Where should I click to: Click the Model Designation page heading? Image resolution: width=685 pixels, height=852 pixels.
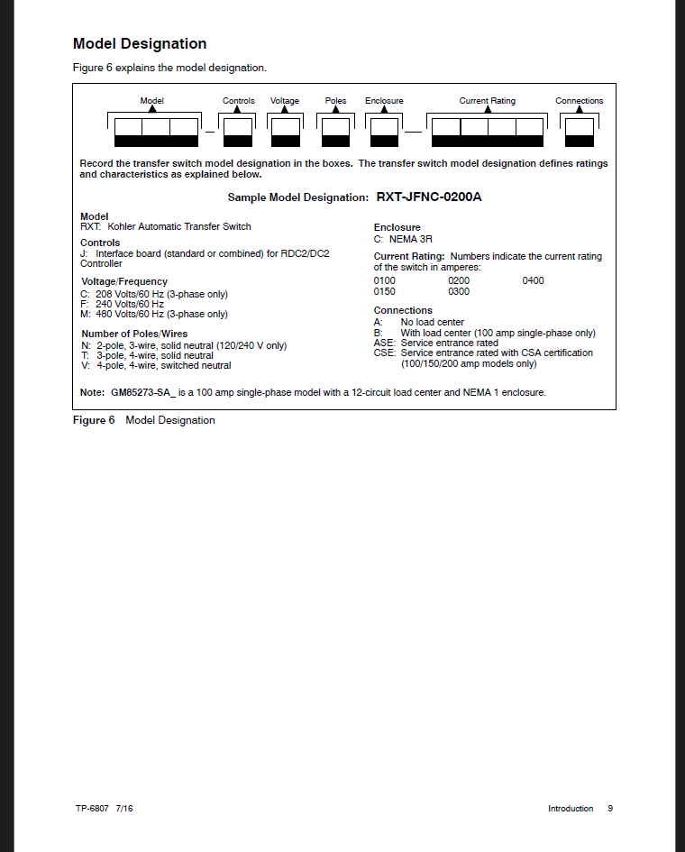(x=140, y=44)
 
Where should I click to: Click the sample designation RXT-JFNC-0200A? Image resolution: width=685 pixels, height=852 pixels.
(x=429, y=197)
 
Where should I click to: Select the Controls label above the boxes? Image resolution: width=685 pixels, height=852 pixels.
(x=239, y=101)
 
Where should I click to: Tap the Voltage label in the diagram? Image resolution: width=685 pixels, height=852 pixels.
(x=285, y=101)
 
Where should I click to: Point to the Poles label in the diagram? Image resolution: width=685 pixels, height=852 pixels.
(x=335, y=101)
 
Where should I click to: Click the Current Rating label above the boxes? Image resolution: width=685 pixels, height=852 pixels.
(x=487, y=101)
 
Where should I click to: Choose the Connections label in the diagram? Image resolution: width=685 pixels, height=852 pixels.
(x=579, y=101)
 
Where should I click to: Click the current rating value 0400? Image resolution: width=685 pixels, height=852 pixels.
(x=533, y=280)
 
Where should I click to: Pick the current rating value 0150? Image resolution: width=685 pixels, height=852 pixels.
(x=385, y=291)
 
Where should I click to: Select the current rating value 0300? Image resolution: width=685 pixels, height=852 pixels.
(x=459, y=291)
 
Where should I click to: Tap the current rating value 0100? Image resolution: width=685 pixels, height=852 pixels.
(x=385, y=280)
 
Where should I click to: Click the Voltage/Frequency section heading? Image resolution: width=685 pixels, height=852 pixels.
(x=124, y=282)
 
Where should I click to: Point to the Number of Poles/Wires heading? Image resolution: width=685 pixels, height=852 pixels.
(x=134, y=334)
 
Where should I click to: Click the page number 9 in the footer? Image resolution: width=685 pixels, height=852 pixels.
(x=610, y=809)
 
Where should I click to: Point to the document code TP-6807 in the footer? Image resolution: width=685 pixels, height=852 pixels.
(x=92, y=809)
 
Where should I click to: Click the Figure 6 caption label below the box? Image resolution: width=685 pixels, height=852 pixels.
(x=94, y=420)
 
